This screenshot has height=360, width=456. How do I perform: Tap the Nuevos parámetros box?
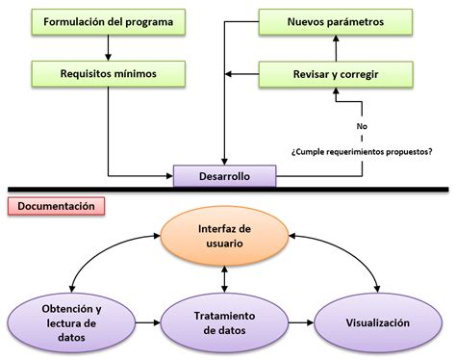336,21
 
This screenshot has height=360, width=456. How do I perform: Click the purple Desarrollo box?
225,176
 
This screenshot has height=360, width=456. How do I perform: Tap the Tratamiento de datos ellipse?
223,323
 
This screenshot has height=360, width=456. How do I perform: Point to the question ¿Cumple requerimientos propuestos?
360,151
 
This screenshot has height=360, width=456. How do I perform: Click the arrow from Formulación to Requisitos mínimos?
108,46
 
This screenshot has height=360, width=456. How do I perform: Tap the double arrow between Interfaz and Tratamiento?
224,279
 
